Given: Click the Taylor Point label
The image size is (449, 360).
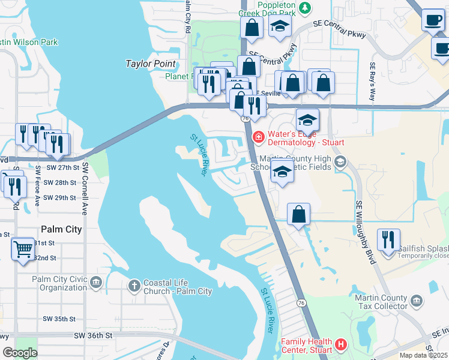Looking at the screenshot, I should pos(150,64).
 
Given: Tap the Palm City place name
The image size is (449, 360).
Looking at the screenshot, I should pos(61,229).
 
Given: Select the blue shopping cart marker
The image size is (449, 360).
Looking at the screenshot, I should pos(23,248).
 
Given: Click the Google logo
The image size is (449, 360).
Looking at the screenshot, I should pos(20,353).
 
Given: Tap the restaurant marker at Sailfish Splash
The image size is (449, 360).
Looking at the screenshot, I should pos(388,239).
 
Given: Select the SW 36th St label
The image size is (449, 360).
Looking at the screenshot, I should pos(93,336).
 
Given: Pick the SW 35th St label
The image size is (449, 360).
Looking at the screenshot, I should pos(59,319).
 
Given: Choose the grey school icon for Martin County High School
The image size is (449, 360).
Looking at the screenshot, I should pos(340,161).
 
